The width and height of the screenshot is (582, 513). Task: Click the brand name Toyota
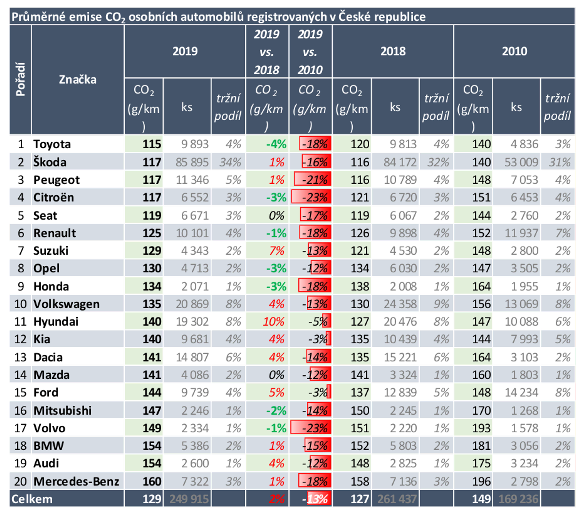point(52,144)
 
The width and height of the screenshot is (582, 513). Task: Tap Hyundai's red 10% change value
point(273,322)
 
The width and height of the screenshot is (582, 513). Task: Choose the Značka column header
point(77,80)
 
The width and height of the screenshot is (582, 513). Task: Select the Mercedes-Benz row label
point(76,482)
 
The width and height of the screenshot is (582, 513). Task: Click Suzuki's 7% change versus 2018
point(276,251)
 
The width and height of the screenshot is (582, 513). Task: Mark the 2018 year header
point(393,51)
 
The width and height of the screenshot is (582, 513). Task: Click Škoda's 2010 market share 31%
point(559,162)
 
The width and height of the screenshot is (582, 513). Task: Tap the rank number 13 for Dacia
point(21,357)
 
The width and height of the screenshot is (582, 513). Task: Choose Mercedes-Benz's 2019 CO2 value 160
point(152,482)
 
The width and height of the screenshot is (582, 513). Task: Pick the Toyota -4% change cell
point(276,144)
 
